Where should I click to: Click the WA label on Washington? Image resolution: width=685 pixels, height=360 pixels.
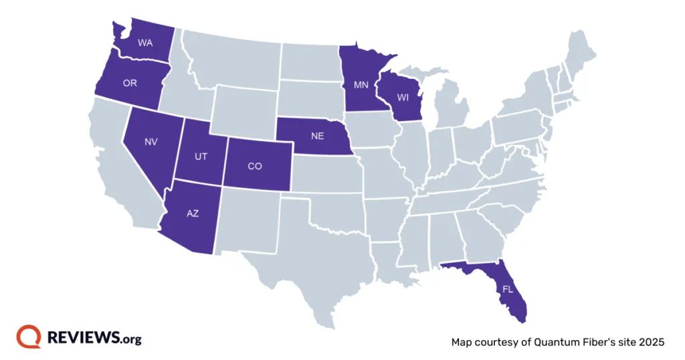(x=145, y=43)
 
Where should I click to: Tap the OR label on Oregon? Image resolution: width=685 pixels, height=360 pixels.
(x=130, y=84)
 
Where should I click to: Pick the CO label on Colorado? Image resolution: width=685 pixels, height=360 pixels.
(x=254, y=166)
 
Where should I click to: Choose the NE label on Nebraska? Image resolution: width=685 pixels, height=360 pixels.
(x=317, y=136)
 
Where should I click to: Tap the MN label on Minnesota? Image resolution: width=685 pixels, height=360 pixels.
(x=361, y=86)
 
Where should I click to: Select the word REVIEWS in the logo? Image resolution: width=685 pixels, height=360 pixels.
(x=84, y=338)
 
